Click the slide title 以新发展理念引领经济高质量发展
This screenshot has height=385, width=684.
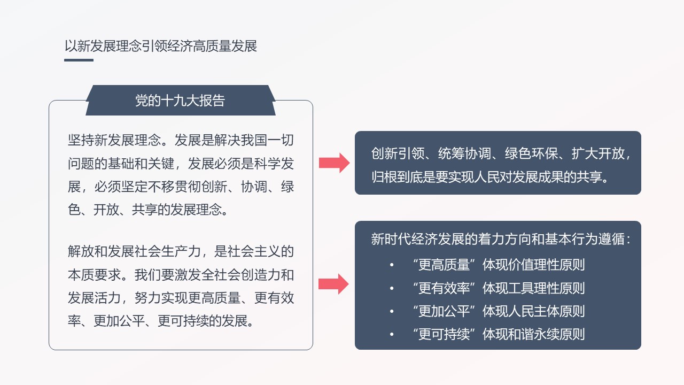[161, 46]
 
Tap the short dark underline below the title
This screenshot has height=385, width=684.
[79, 60]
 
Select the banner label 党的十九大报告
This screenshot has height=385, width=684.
[180, 101]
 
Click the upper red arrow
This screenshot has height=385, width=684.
[335, 163]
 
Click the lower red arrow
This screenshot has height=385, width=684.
[333, 284]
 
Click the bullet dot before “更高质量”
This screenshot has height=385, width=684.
[392, 265]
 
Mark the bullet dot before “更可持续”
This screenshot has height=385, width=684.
[392, 335]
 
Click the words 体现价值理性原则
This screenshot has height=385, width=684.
[534, 265]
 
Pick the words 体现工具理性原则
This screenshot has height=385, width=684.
[534, 288]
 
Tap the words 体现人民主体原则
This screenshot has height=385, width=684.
[534, 311]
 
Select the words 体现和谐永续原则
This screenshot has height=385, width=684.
[534, 334]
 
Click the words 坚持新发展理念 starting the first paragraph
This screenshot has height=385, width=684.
[114, 140]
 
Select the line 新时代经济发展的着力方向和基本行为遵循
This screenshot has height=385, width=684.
[498, 239]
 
